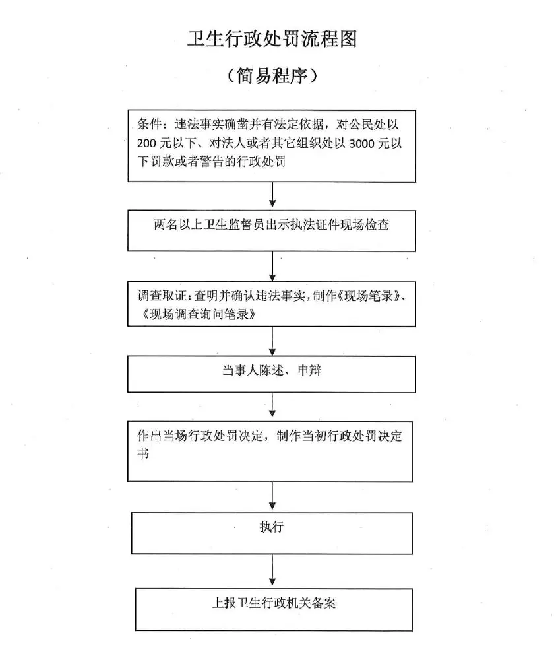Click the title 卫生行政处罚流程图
[272, 39]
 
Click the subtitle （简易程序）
[272, 76]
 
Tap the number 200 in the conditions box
[146, 143]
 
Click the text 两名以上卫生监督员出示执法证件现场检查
[271, 225]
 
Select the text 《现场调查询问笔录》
[198, 314]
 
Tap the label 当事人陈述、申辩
[272, 370]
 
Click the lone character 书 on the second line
[143, 454]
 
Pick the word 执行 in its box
[272, 527]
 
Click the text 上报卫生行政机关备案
[274, 603]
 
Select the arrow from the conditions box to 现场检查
[272, 195]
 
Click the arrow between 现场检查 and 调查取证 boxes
[272, 267]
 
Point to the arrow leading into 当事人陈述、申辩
[272, 341]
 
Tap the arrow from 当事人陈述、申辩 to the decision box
[272, 405]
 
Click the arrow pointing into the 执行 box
[272, 496]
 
